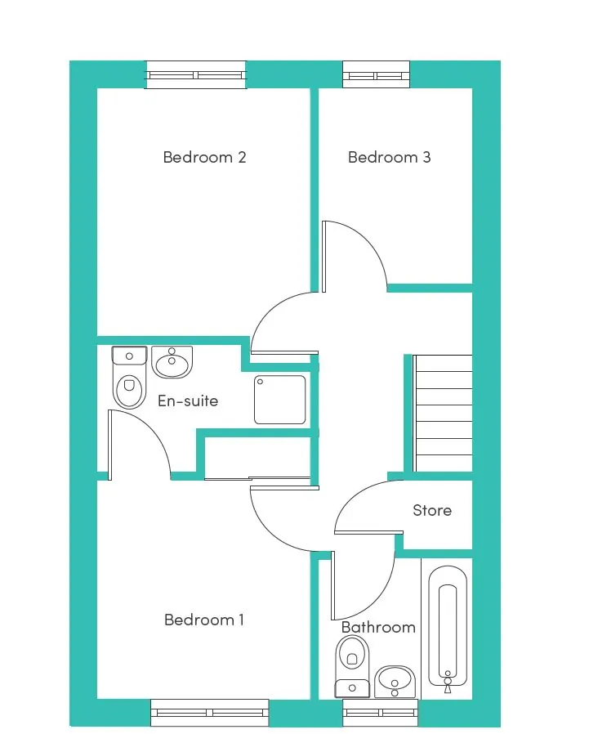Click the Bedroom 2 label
coord(204,157)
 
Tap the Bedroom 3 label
coord(389,157)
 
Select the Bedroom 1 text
coord(204,620)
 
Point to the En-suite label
coord(188,401)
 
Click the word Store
coord(432,510)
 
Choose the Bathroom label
coord(378,627)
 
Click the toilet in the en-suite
coord(129,378)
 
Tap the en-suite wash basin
coord(172,362)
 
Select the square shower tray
coord(279,400)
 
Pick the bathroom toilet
coord(353,667)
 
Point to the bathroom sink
coord(395,682)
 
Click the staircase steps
coord(443,414)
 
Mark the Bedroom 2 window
coord(195,75)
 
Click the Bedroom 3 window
coord(377,75)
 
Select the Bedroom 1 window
coord(210,713)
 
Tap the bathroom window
coord(381,713)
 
